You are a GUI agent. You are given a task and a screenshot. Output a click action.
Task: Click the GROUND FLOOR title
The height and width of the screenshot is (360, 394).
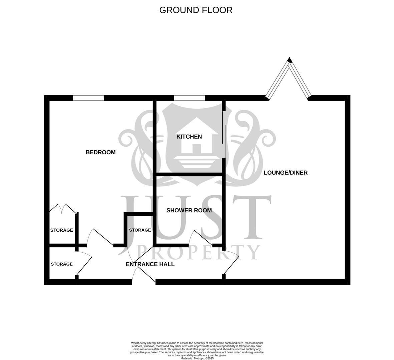coord(196,10)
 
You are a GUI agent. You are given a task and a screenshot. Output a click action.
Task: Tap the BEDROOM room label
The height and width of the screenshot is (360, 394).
coord(100,152)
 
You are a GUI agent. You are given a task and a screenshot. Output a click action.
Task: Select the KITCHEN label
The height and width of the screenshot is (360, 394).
coord(189,137)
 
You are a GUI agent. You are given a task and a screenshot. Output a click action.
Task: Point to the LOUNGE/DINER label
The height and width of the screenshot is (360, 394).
coord(286,173)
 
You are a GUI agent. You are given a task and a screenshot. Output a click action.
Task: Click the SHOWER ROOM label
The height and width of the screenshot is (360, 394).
coord(189,210)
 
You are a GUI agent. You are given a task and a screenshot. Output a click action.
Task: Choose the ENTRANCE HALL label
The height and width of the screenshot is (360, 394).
coord(150,264)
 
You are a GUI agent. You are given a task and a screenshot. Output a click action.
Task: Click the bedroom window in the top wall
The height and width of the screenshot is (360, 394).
coord(88,98)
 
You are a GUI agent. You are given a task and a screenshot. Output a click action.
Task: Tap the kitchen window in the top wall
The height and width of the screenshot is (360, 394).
coord(189,98)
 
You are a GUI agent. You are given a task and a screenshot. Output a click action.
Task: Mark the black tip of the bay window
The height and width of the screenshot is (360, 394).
coord(290,60)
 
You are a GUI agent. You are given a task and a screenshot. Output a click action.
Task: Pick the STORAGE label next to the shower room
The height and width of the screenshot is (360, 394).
coord(140,230)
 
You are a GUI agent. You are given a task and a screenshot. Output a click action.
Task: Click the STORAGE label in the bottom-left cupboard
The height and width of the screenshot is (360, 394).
coord(62,264)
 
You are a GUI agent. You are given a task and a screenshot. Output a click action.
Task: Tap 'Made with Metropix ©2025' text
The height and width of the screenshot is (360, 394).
coord(197,358)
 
